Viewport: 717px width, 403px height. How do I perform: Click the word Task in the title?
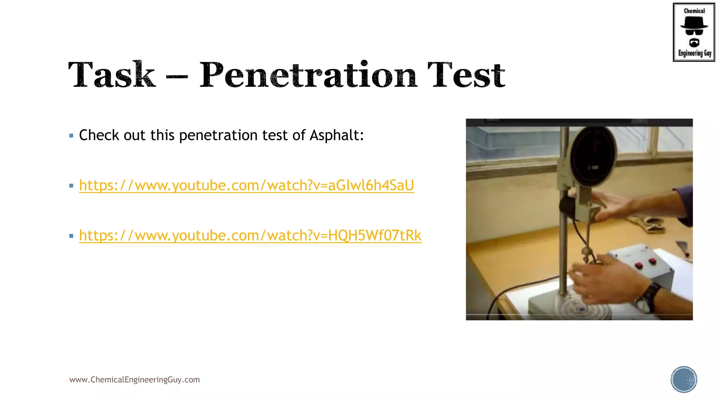point(112,75)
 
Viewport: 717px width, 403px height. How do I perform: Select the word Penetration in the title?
point(308,75)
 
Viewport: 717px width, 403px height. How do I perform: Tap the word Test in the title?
point(466,75)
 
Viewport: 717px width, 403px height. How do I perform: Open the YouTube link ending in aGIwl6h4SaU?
point(246,185)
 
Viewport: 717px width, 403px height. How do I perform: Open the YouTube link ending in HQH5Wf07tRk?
point(250,235)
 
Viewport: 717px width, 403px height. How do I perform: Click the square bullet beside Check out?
point(71,136)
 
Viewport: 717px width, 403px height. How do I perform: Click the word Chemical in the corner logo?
point(694,11)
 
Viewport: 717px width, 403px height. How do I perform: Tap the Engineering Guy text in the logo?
point(695,53)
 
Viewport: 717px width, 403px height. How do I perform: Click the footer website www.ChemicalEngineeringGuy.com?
point(134,380)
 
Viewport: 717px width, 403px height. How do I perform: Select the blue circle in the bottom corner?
point(684,380)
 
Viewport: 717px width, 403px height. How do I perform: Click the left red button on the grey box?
point(639,266)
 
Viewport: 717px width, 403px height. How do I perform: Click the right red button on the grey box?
point(652,261)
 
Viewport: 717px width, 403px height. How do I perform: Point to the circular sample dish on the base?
point(582,309)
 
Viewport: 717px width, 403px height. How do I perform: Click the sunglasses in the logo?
point(694,32)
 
